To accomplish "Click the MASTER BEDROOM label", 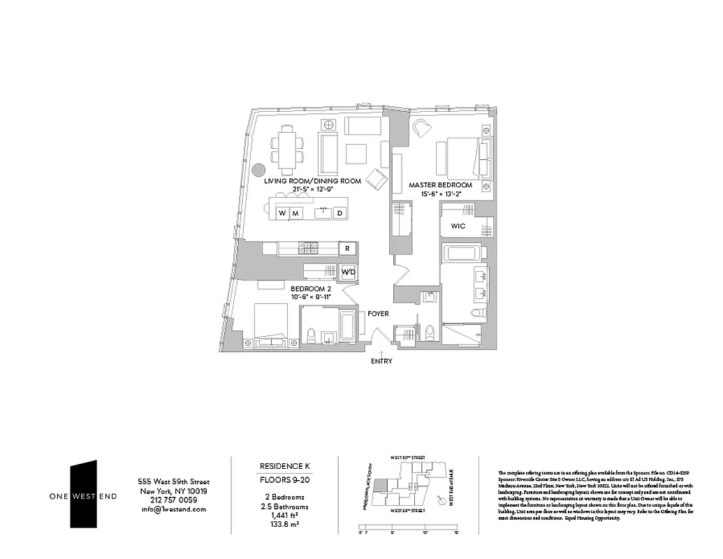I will pyautogui.click(x=440, y=185).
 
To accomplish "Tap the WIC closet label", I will pyautogui.click(x=458, y=226).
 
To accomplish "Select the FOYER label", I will pyautogui.click(x=378, y=314).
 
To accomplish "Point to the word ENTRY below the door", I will pyautogui.click(x=381, y=361).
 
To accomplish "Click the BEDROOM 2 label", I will pyautogui.click(x=310, y=288).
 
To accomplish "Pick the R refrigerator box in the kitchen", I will pyautogui.click(x=347, y=248).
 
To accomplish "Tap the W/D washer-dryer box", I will pyautogui.click(x=348, y=271).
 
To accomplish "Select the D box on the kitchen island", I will pyautogui.click(x=339, y=213).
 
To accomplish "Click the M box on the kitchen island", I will pyautogui.click(x=295, y=213).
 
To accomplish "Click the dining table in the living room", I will pyautogui.click(x=286, y=150).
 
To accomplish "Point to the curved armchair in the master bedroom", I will pyautogui.click(x=422, y=128).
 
